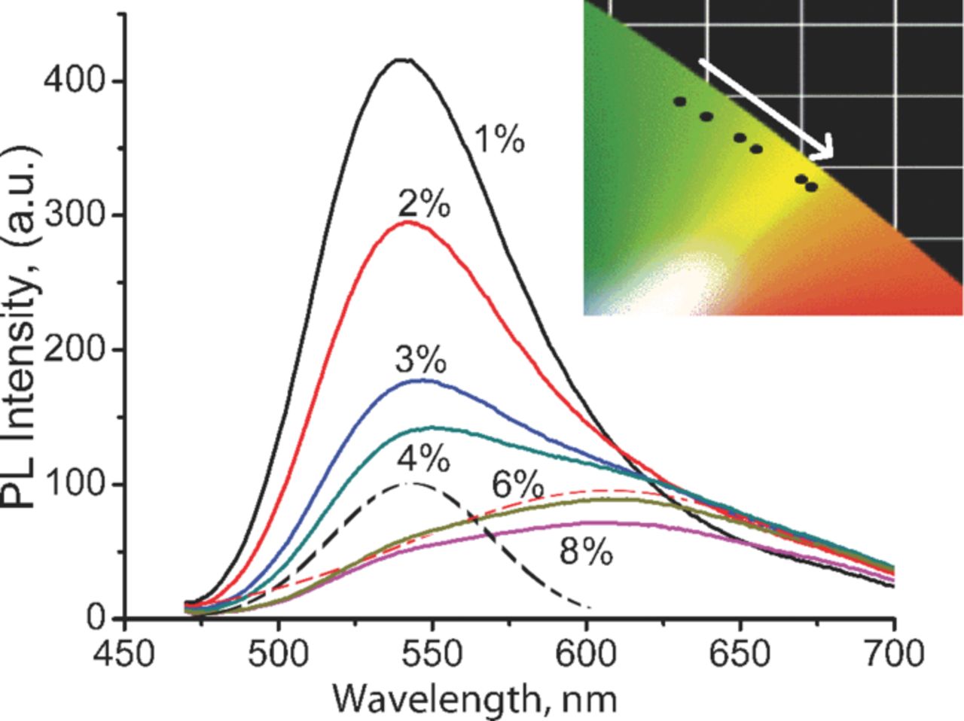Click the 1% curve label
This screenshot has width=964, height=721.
pos(499,141)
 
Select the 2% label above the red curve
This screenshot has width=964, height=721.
pos(425,204)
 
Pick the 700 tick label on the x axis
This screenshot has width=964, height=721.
pos(892,653)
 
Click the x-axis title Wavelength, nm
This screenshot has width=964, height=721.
pos(475,698)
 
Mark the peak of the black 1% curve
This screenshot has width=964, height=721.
pos(404,59)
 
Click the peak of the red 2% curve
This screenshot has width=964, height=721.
pos(407,221)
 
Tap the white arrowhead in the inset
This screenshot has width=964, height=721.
pos(825,148)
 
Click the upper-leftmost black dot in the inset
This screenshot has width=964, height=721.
pos(680,102)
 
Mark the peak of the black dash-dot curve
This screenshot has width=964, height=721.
pos(410,483)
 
